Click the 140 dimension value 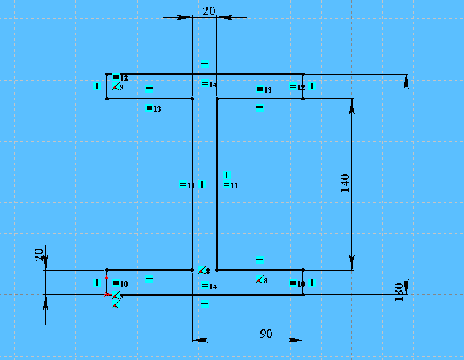tap(344, 184)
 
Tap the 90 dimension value tap(266, 334)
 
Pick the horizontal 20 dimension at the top tap(209, 10)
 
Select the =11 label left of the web tap(187, 185)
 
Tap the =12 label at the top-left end tap(120, 77)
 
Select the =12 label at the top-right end tap(296, 87)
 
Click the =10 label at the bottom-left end tap(120, 283)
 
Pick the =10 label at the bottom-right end tap(296, 283)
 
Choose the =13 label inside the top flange tap(264, 89)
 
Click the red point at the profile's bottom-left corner tap(107, 295)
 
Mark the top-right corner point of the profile tap(303, 75)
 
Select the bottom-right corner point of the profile tap(303, 295)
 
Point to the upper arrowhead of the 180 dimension tap(406, 81)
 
